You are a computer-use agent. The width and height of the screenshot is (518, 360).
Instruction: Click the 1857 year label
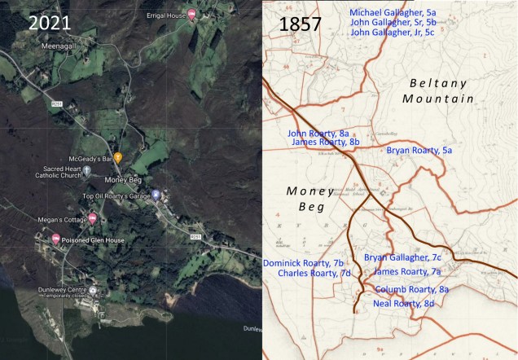301,24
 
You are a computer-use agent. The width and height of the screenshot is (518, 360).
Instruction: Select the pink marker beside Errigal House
191,14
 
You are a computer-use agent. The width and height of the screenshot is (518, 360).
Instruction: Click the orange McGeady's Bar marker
118,156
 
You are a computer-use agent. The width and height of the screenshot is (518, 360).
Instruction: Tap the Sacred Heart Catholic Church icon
86,170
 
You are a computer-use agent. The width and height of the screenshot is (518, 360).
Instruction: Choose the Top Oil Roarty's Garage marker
156,195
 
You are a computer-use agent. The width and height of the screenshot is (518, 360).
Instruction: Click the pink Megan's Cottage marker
93,219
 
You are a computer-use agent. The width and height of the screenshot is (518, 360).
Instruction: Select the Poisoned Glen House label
92,239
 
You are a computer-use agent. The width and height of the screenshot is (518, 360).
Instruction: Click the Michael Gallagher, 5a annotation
393,12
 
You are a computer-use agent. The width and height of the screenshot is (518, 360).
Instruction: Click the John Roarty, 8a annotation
318,133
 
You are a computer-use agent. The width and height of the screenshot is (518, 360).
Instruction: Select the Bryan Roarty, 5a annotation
419,150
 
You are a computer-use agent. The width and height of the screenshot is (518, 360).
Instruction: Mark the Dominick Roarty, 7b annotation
304,263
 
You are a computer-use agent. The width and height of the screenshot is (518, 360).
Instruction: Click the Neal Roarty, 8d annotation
403,303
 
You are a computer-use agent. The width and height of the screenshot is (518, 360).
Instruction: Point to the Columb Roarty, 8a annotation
411,289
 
